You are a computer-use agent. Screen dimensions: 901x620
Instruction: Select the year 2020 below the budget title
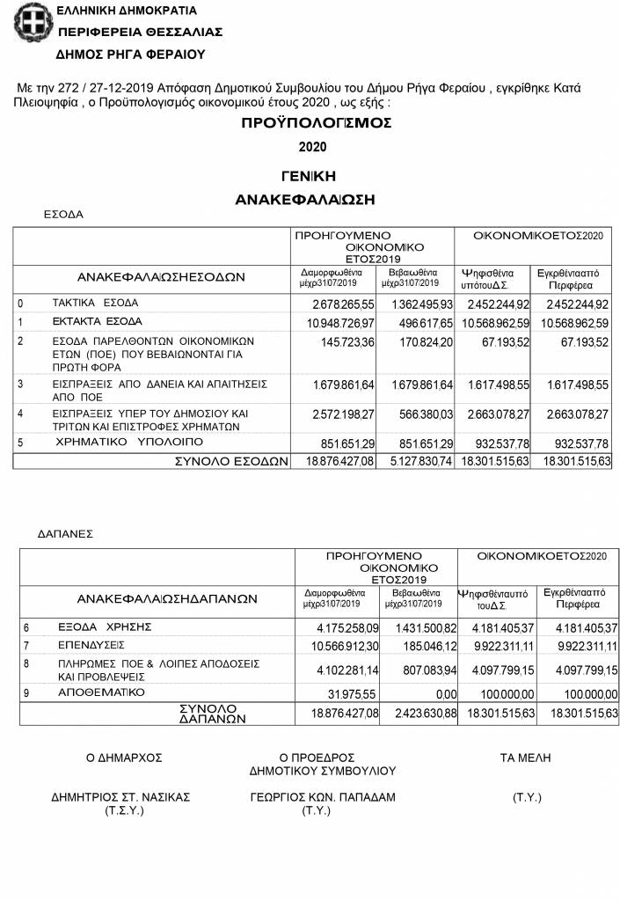click(312, 146)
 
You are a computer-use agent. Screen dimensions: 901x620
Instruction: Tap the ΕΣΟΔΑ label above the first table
click(63, 214)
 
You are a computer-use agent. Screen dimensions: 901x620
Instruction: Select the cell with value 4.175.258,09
click(339, 627)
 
